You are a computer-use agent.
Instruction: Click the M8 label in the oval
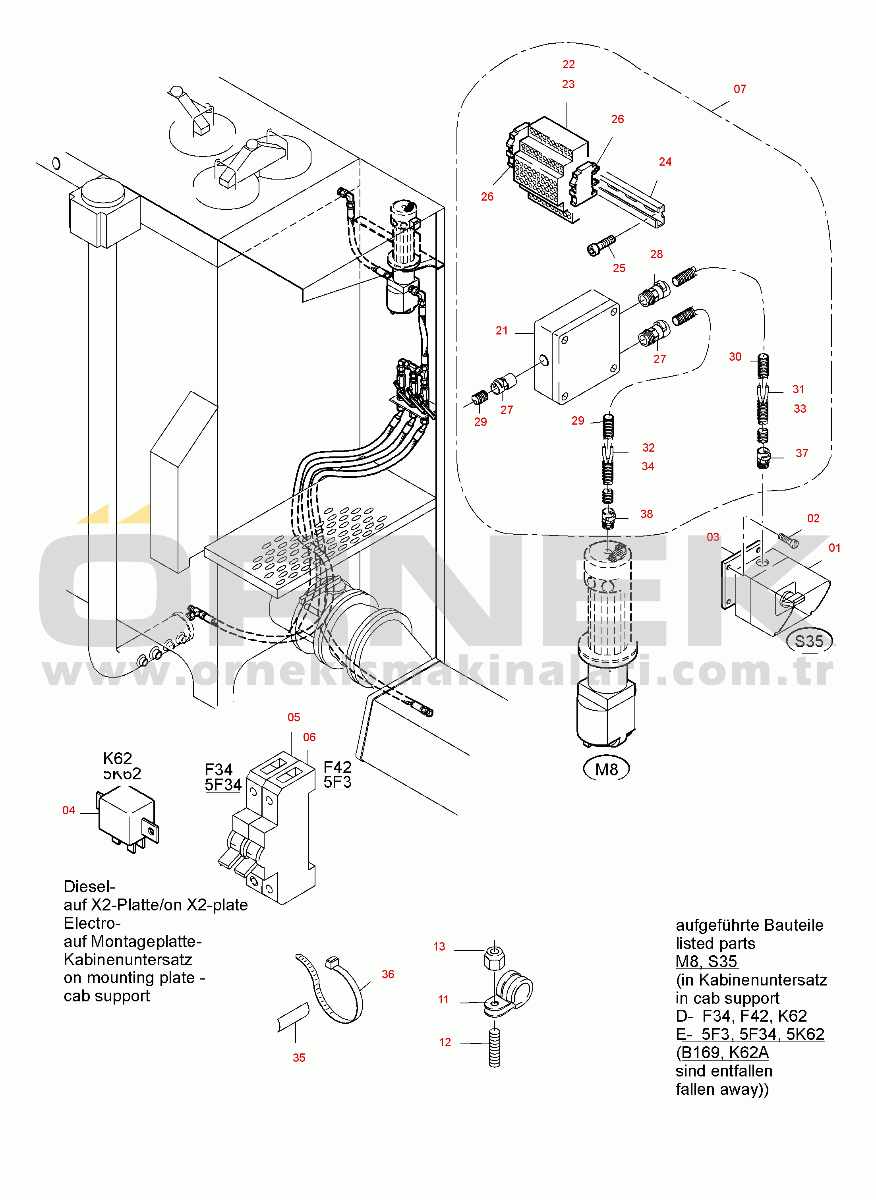pos(606,769)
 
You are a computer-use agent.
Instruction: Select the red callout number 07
pos(740,89)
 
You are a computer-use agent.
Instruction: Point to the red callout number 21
pos(502,331)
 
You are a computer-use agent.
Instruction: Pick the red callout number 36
pos(388,974)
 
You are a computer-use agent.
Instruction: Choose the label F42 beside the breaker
pos(337,767)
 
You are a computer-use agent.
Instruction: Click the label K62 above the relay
pos(117,758)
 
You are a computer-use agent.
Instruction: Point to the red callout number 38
pos(646,514)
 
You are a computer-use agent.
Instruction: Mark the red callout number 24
pos(665,162)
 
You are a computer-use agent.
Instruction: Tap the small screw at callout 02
pos(788,540)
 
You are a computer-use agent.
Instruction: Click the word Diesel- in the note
pos(89,887)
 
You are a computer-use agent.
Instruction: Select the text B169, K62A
pos(724,1053)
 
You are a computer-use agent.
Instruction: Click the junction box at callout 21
pos(577,347)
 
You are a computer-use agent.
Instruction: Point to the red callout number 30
pos(735,357)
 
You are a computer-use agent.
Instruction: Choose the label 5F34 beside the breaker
pos(223,785)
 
